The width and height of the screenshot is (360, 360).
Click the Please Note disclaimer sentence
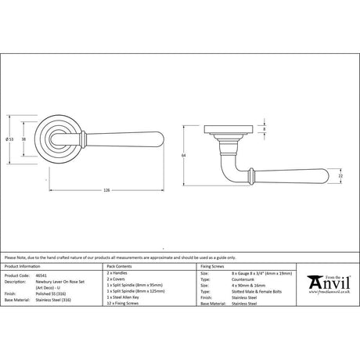point(117,257)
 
